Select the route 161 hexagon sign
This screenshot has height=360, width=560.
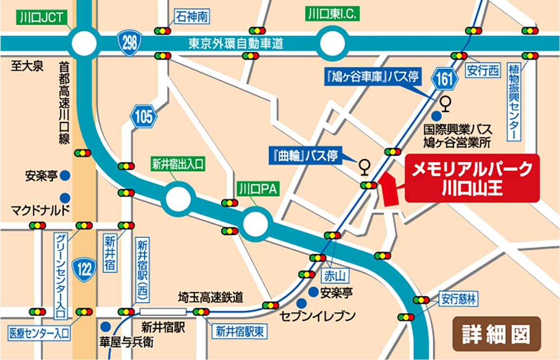444,80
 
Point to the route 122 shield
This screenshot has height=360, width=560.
85,270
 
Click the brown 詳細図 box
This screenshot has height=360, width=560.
496,334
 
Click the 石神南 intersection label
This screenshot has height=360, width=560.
191,18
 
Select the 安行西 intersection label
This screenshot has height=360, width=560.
483,71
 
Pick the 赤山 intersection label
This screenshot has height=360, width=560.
336,275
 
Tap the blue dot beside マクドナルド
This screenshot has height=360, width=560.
65,197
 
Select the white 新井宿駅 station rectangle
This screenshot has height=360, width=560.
163,312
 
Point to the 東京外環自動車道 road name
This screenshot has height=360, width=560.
236,44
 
